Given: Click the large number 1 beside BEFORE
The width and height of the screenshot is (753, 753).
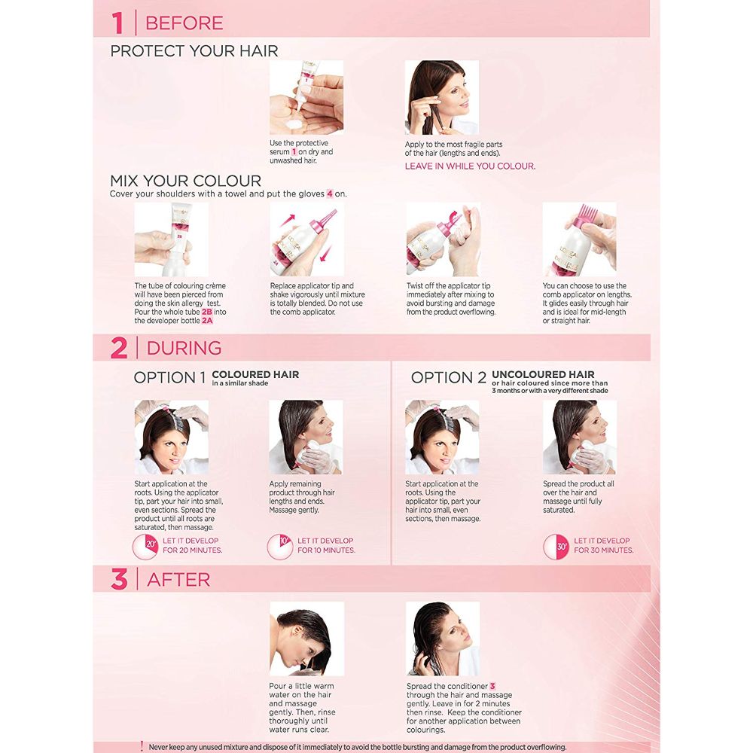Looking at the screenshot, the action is pyautogui.click(x=118, y=23).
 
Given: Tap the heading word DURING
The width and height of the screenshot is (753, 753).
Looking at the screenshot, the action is pyautogui.click(x=184, y=348).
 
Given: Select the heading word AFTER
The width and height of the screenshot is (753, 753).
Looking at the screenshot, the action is pyautogui.click(x=178, y=580).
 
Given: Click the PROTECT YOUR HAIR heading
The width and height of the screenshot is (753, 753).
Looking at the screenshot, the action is pyautogui.click(x=194, y=51).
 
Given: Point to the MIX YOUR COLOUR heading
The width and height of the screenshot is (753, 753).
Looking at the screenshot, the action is pyautogui.click(x=185, y=181).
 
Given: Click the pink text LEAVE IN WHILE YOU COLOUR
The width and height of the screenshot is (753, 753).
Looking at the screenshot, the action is pyautogui.click(x=470, y=166).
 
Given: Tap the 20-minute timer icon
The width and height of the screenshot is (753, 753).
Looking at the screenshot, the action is pyautogui.click(x=145, y=547).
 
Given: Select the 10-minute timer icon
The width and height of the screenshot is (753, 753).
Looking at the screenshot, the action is pyautogui.click(x=280, y=547).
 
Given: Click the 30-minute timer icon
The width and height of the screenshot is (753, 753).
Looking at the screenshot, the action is pyautogui.click(x=556, y=547).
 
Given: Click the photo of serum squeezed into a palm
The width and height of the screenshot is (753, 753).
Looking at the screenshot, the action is pyautogui.click(x=306, y=97).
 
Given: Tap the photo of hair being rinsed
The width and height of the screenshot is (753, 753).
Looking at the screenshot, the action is pyautogui.click(x=307, y=639).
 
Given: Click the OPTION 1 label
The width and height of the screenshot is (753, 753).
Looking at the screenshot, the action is pyautogui.click(x=169, y=377).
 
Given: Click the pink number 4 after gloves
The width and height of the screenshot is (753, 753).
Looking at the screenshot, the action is pyautogui.click(x=330, y=194).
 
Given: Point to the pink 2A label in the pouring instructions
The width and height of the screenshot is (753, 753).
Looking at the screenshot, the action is pyautogui.click(x=207, y=320).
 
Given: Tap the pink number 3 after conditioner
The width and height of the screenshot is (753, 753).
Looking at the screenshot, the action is pyautogui.click(x=492, y=686).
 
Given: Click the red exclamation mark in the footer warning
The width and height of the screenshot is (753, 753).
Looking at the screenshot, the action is pyautogui.click(x=142, y=745).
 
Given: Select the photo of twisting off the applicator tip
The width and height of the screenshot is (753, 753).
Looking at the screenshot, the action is pyautogui.click(x=444, y=239).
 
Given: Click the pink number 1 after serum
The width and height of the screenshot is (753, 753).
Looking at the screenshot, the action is pyautogui.click(x=294, y=152).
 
